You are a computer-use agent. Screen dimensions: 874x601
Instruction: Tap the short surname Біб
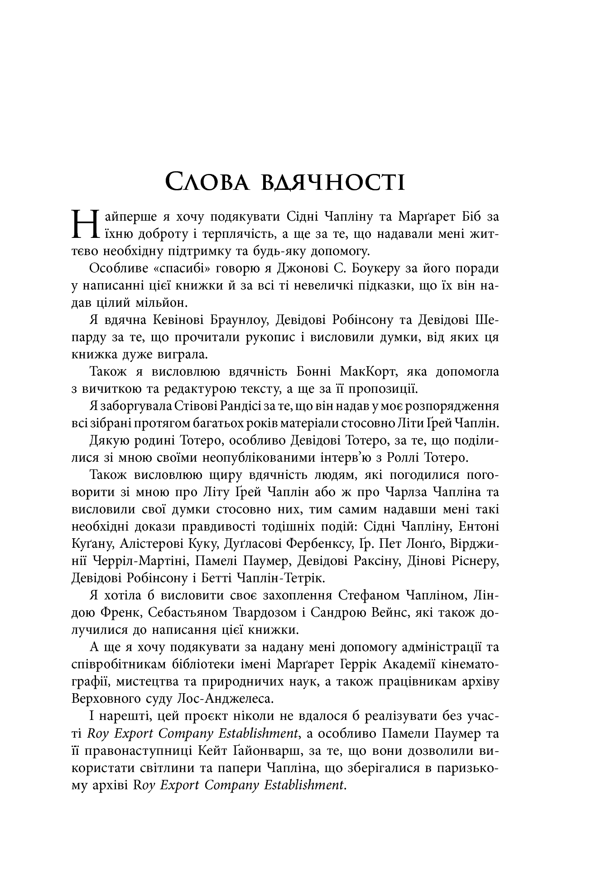tap(460, 217)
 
